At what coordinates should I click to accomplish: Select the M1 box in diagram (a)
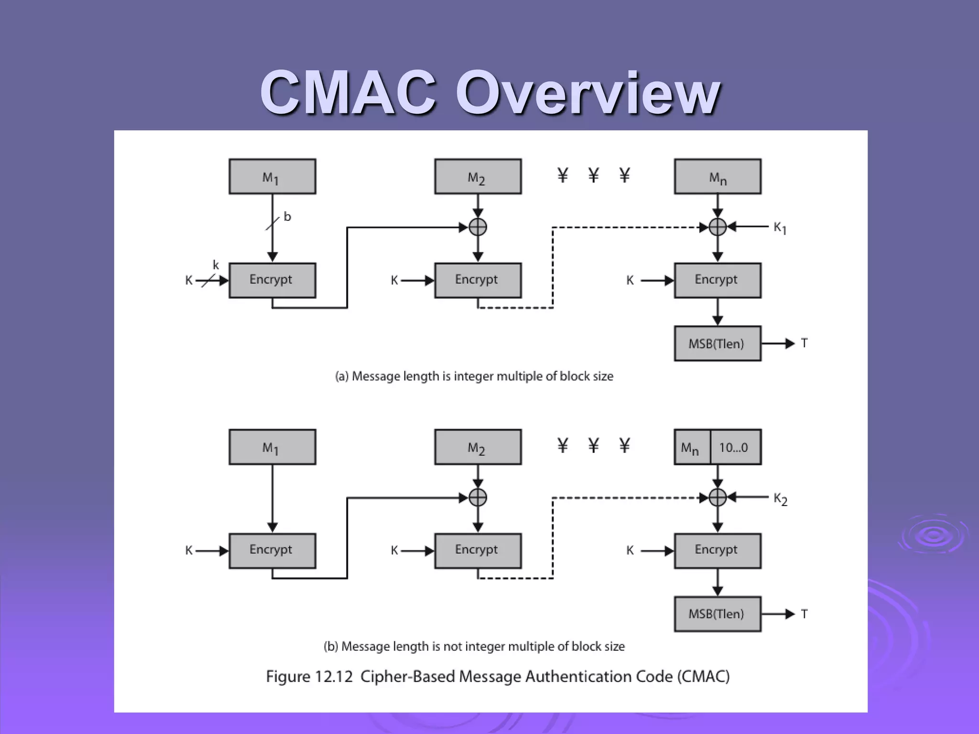pyautogui.click(x=272, y=176)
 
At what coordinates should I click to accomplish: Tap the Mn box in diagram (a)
pyautogui.click(x=717, y=176)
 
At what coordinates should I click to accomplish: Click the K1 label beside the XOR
pyautogui.click(x=780, y=228)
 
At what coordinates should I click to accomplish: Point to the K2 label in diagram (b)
pyautogui.click(x=780, y=499)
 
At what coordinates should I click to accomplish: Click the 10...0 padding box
pyautogui.click(x=735, y=447)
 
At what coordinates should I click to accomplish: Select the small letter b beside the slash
pyautogui.click(x=287, y=217)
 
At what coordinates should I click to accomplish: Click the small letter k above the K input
pyautogui.click(x=216, y=265)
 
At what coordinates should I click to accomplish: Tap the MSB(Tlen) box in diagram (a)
pyautogui.click(x=717, y=344)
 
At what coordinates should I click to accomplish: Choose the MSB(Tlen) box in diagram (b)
pyautogui.click(x=717, y=614)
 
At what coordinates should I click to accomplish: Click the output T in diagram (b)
pyautogui.click(x=804, y=614)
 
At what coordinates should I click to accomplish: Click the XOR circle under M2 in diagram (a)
pyautogui.click(x=478, y=227)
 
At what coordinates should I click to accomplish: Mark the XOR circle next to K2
pyautogui.click(x=717, y=497)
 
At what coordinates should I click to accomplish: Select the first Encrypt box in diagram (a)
pyautogui.click(x=272, y=280)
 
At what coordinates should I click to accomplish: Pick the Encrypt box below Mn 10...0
pyautogui.click(x=717, y=550)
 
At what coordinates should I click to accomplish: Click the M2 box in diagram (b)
pyautogui.click(x=478, y=447)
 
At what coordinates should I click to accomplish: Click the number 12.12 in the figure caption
pyautogui.click(x=334, y=677)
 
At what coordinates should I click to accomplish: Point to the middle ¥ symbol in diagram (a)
pyautogui.click(x=593, y=175)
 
